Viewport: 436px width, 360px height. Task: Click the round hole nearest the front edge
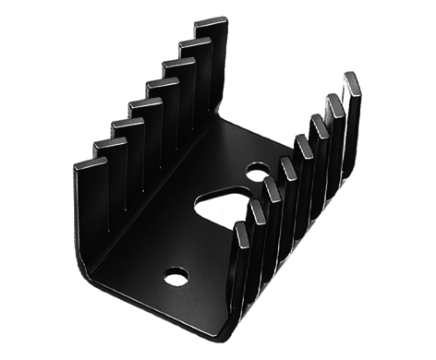pyautogui.click(x=176, y=274)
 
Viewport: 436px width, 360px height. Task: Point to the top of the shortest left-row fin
pyautogui.click(x=91, y=163)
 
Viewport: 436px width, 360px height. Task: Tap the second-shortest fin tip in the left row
pyautogui.click(x=109, y=143)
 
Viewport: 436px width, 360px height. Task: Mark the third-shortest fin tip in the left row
pyautogui.click(x=127, y=124)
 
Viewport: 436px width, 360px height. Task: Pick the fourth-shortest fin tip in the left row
pyautogui.click(x=144, y=104)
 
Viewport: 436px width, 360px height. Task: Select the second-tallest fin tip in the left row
pyautogui.click(x=195, y=43)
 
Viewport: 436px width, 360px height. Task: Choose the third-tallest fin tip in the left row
pyautogui.click(x=178, y=64)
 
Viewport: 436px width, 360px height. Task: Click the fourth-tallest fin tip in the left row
pyautogui.click(x=162, y=84)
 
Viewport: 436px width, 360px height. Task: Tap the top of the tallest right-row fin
pyautogui.click(x=352, y=77)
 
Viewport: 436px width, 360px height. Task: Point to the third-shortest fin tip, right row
pyautogui.click(x=272, y=184)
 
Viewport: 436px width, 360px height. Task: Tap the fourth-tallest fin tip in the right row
pyautogui.click(x=303, y=141)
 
